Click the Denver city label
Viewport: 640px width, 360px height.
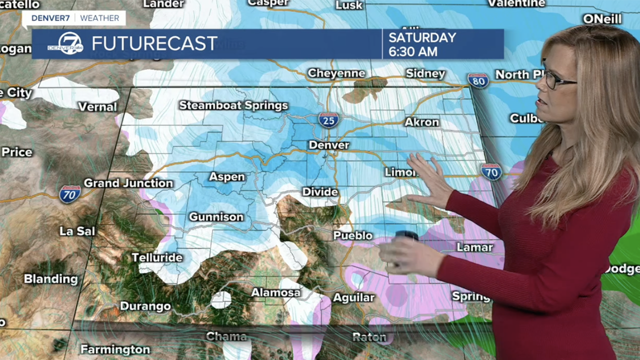(329, 145)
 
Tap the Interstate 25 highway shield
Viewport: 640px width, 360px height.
(328, 119)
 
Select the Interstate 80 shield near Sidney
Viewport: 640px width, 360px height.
(478, 80)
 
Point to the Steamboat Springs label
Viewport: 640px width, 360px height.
(233, 105)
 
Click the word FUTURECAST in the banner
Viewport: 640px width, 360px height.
(154, 43)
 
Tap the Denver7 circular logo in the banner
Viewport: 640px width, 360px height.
(66, 43)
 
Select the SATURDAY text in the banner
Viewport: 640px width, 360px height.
(422, 37)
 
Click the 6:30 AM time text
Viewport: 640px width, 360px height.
(413, 51)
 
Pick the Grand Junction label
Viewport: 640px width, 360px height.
(128, 183)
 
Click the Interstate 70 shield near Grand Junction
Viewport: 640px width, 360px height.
(70, 193)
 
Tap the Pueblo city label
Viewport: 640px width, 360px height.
(353, 235)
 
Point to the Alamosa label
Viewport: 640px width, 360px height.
(275, 292)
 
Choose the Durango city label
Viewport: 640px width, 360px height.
(145, 306)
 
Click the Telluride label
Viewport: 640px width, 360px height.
(157, 257)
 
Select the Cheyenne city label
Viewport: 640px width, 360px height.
(336, 73)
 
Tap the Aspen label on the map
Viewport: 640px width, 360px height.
(227, 177)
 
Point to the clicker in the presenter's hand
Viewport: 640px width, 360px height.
(406, 236)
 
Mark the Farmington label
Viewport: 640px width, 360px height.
(115, 349)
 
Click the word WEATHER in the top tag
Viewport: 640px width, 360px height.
(99, 18)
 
